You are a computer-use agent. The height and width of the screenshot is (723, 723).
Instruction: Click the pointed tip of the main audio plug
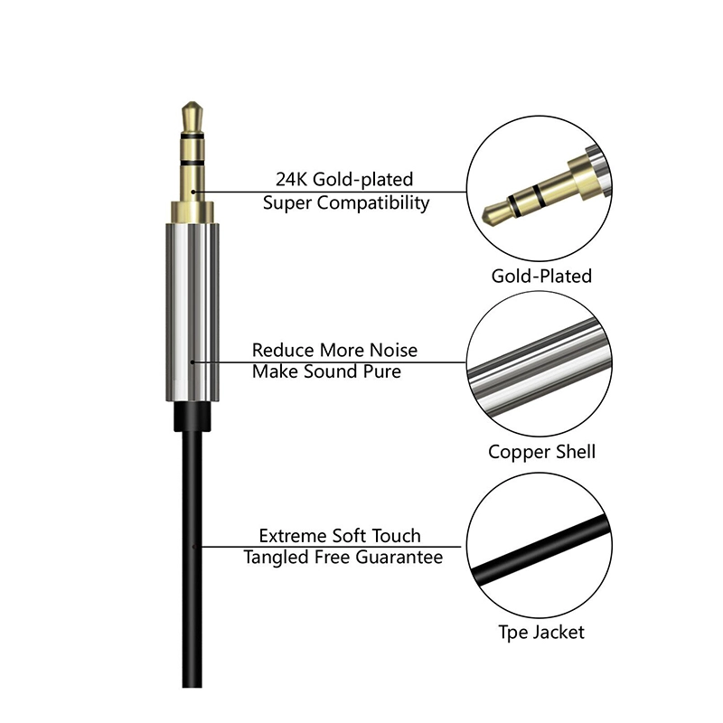tap(192, 103)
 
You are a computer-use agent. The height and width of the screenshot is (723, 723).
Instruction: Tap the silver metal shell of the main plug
tap(192, 312)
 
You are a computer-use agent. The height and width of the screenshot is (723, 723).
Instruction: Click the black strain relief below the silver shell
tap(192, 417)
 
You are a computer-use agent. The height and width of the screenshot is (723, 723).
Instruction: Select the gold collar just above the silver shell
tap(192, 212)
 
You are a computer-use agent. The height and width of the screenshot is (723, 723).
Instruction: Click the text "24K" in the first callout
tap(291, 179)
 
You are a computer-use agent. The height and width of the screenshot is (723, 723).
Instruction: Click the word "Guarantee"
tap(399, 557)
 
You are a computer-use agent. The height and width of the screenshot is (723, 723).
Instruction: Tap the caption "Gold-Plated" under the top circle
tap(541, 277)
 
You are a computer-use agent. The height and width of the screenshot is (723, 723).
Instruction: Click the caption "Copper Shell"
tap(541, 452)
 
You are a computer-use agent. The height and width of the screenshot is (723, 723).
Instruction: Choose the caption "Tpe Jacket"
tap(541, 632)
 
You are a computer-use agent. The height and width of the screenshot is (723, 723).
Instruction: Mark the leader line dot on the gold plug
tap(193, 192)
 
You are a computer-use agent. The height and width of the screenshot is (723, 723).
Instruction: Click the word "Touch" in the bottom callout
tap(396, 536)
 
